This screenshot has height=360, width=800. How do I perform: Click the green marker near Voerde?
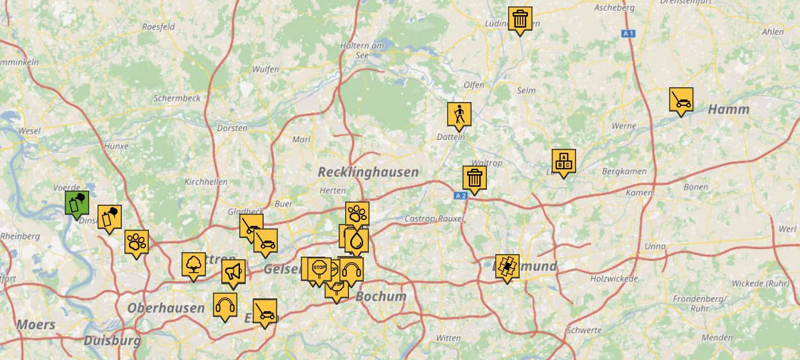click(76, 203)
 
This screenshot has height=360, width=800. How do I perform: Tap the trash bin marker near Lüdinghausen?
click(520, 19)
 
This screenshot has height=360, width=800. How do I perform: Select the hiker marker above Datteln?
click(459, 114)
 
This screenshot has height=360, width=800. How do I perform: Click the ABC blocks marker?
click(563, 161)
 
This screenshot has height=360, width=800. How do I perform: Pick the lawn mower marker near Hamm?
click(681, 100)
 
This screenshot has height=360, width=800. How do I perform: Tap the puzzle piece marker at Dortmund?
click(507, 266)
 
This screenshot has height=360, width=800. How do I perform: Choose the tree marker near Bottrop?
click(193, 264)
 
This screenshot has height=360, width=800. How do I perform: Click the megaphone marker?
click(233, 271)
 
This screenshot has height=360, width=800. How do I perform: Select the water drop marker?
click(357, 241)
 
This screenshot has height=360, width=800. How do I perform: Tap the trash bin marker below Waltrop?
click(474, 178)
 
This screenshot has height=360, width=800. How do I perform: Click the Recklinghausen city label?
click(368, 172)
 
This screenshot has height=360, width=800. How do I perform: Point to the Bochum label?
click(381, 296)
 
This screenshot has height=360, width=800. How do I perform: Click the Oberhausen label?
click(166, 308)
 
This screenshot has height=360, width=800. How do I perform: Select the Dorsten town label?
click(232, 128)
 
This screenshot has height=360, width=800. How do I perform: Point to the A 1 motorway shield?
click(629, 33)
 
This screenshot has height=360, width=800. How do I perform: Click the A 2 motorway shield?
click(460, 195)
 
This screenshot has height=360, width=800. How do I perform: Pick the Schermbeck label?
click(177, 98)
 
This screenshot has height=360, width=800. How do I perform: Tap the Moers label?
click(36, 325)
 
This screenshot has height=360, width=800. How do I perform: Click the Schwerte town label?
click(584, 330)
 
